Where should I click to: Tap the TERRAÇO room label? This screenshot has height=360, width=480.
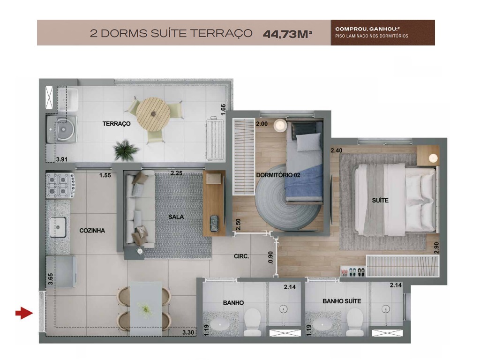(116, 124)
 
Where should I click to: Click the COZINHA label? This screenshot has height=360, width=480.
(92, 231)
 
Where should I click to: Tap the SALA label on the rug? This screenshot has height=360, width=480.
(176, 217)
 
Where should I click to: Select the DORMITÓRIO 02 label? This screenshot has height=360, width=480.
(278, 175)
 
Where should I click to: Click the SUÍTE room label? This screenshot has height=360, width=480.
(380, 200)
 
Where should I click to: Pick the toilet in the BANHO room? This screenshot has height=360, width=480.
(252, 321)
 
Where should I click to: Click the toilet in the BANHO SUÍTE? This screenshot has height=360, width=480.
(355, 321)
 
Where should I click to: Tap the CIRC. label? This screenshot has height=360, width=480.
(241, 256)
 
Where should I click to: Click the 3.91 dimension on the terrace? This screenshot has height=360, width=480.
(61, 159)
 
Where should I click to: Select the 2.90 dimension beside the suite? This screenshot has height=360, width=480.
(437, 247)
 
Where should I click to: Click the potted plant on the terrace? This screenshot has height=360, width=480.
(126, 150)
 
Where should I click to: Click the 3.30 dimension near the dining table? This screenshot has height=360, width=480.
(188, 333)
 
